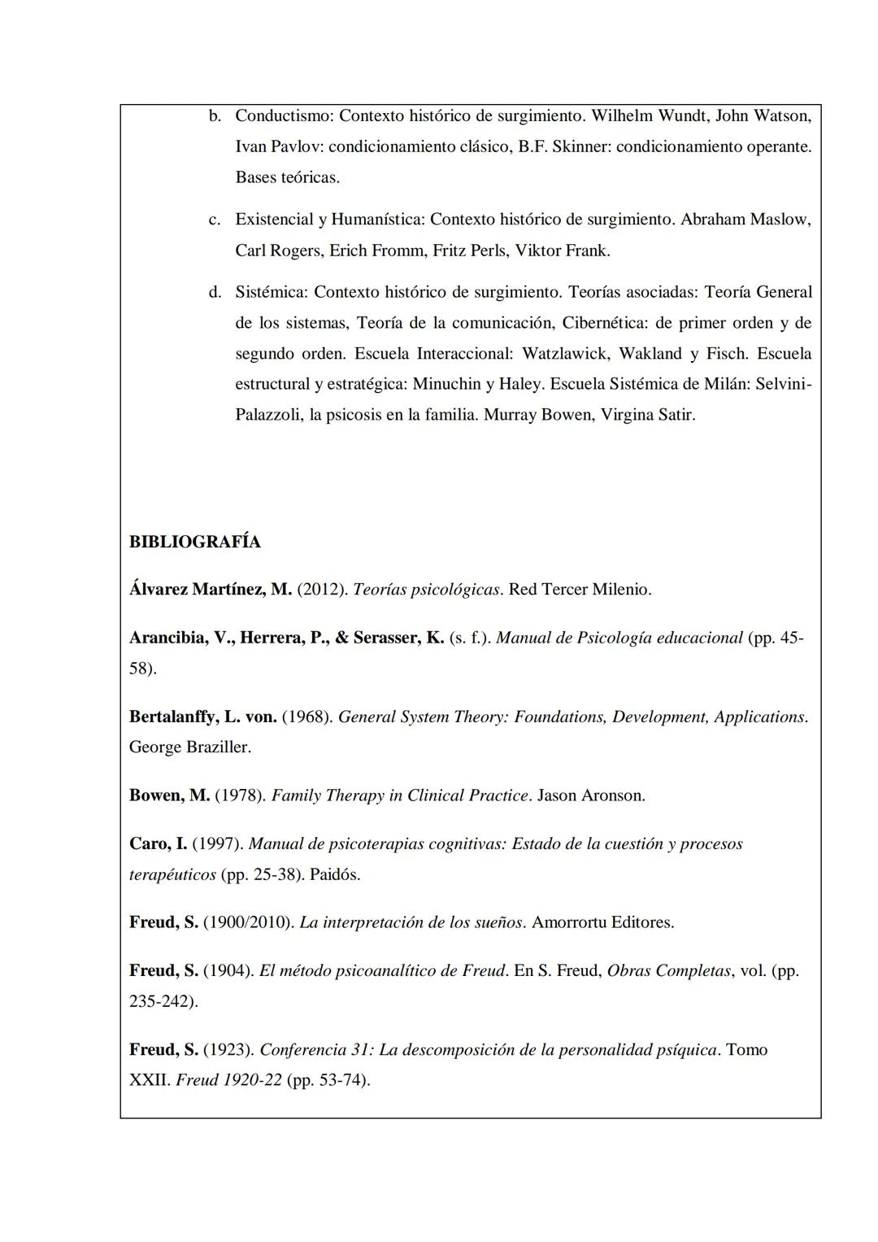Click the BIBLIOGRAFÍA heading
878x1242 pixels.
tap(194, 542)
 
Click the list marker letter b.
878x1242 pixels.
tap(215, 115)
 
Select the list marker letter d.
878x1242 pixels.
tap(215, 292)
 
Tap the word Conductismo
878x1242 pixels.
tap(282, 115)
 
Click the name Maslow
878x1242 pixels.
tap(780, 220)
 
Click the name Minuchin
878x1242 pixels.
tap(446, 384)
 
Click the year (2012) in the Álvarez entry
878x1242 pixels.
tap(322, 590)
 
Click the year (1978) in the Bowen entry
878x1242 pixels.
tap(240, 795)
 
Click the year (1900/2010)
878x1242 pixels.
tap(247, 923)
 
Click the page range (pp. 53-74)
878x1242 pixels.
tap(328, 1081)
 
